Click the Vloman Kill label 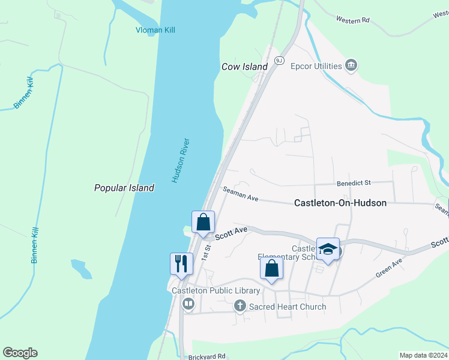155,30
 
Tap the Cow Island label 244,67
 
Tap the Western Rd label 352,20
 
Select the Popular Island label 124,188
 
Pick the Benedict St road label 354,182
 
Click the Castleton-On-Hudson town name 340,203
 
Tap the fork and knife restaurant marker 179,263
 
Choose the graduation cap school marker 328,248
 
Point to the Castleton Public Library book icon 188,304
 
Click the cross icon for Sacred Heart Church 240,307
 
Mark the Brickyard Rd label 206,356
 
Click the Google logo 20,353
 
